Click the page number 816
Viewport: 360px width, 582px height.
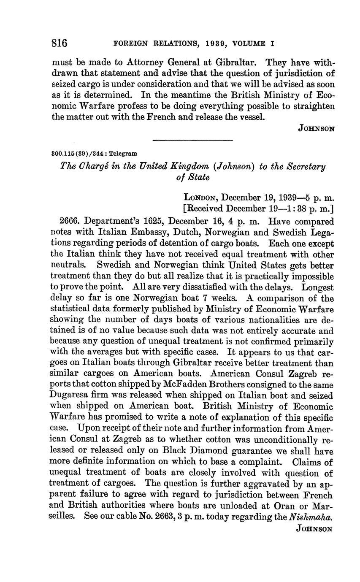[60, 43]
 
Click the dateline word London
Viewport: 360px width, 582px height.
[201, 198]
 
